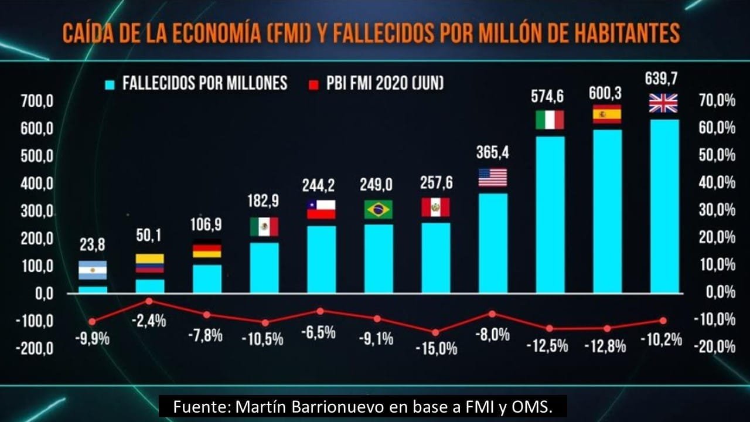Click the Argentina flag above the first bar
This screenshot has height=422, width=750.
[x=93, y=270]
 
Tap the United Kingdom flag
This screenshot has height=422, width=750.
[x=663, y=103]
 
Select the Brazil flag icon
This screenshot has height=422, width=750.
[x=379, y=209]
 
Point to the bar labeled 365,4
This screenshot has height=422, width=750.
[x=493, y=243]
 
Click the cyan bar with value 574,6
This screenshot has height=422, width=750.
[x=550, y=215]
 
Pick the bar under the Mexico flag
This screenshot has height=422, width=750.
[x=264, y=268]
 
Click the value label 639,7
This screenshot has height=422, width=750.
[x=662, y=79]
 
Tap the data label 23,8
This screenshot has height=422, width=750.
[x=93, y=245]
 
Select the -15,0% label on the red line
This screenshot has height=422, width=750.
[x=437, y=349]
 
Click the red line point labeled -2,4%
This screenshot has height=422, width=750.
[x=149, y=301]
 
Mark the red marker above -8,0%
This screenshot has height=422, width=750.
[x=492, y=314]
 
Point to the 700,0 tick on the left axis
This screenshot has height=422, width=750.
[x=37, y=101]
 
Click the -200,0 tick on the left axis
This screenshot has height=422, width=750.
[x=35, y=349]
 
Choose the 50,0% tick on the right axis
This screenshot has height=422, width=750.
[x=717, y=155]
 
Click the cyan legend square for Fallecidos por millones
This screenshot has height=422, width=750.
[x=110, y=85]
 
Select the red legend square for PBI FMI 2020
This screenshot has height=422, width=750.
[x=313, y=85]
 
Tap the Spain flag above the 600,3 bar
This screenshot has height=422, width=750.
[x=607, y=114]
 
